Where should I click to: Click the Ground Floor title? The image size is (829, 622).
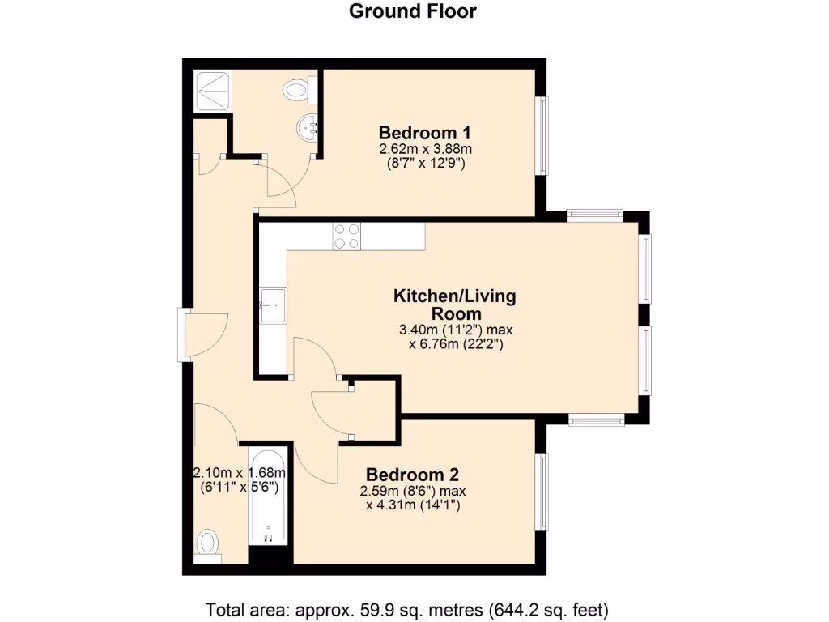point(413,11)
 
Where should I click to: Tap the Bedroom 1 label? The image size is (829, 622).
point(425,132)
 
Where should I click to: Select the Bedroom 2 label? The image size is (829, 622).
point(413,475)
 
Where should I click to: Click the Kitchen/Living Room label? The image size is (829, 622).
point(454,305)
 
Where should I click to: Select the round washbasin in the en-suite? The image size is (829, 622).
point(308,127)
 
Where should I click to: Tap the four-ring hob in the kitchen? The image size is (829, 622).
point(346,236)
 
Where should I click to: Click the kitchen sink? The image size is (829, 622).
point(272,306)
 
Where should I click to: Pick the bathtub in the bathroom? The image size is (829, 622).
point(268,495)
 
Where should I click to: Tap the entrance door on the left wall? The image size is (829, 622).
point(185,333)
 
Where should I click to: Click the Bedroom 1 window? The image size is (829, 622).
point(543,135)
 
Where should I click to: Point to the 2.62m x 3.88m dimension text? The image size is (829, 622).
point(425,149)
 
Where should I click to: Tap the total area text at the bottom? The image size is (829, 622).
point(407,609)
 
